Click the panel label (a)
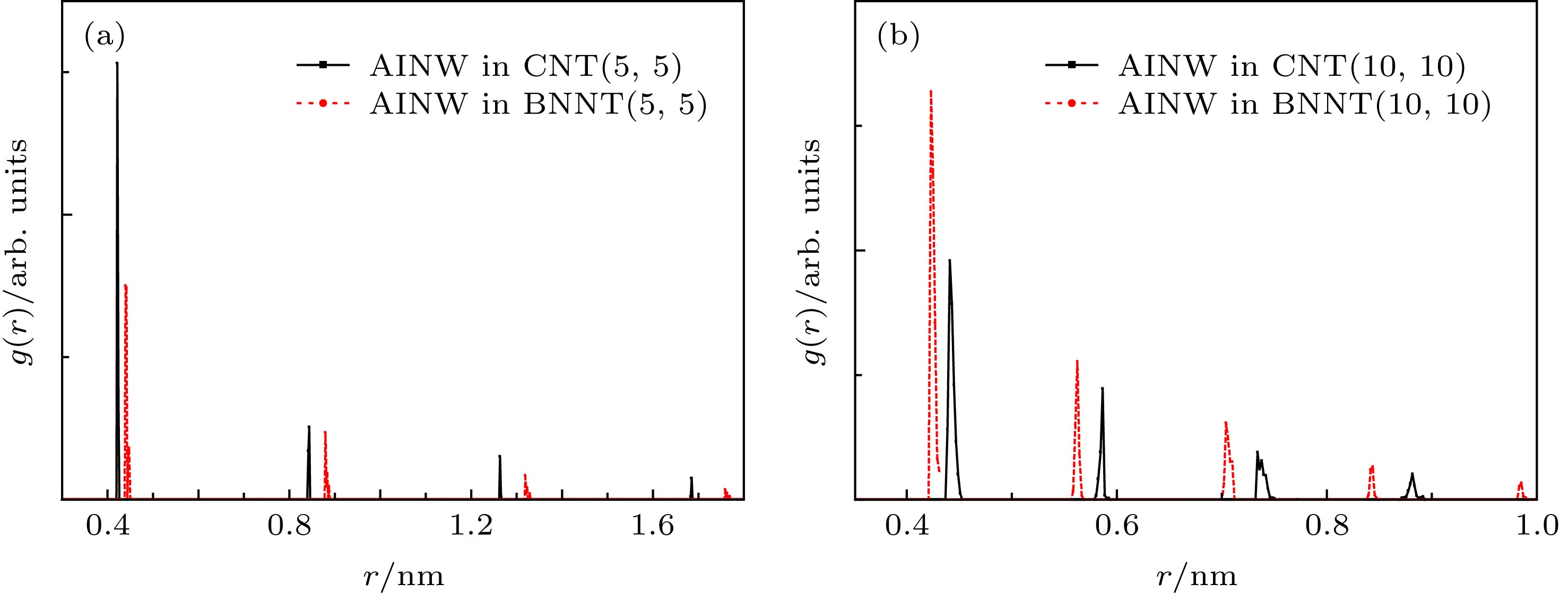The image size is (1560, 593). pyautogui.click(x=104, y=38)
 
